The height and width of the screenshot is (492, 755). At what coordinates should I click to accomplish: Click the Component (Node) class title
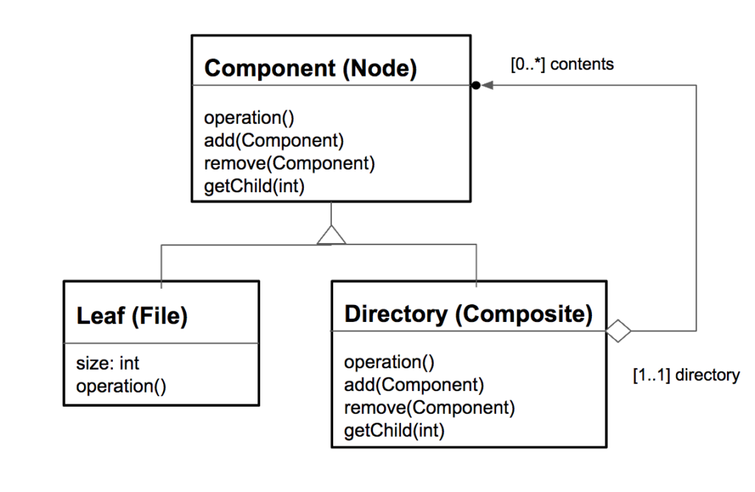[310, 68]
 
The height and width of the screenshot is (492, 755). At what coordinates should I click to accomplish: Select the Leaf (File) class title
[133, 317]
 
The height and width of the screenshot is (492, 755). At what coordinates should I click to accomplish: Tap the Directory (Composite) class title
[468, 314]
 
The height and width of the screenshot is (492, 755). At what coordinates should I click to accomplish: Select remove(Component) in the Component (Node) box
[289, 164]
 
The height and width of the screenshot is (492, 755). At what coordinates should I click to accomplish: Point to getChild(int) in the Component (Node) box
[254, 186]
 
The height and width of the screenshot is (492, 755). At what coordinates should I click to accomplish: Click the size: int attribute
[108, 363]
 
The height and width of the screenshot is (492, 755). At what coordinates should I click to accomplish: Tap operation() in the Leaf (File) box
[122, 387]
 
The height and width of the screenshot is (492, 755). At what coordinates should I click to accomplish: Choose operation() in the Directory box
[389, 362]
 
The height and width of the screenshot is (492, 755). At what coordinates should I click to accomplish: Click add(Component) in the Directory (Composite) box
[414, 384]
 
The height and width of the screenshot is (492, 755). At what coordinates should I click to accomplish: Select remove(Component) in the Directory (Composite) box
[429, 408]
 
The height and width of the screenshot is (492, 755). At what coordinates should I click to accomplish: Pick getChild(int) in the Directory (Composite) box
[394, 431]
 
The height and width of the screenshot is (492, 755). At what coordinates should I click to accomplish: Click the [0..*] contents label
[562, 64]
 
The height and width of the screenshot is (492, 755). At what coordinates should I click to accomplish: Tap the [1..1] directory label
[686, 375]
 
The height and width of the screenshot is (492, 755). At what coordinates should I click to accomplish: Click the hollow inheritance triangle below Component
[331, 235]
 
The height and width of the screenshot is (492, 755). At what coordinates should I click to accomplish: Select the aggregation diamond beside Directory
[619, 331]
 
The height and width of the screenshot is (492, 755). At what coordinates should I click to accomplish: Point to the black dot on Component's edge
[476, 85]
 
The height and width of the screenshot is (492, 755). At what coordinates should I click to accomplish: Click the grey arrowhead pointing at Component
[487, 85]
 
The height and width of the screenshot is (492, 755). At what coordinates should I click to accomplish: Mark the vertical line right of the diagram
[695, 206]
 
